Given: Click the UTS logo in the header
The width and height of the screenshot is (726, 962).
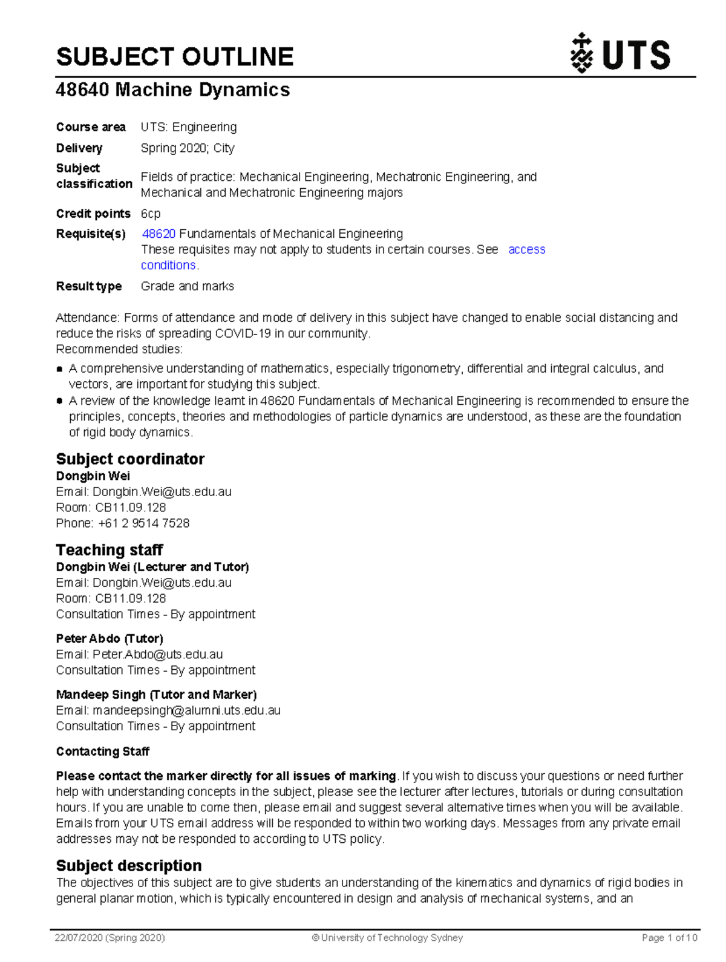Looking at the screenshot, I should (x=620, y=54).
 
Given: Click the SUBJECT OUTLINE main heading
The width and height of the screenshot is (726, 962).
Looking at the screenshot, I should (x=175, y=57).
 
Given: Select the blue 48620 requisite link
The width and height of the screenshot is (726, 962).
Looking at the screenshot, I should (x=159, y=234).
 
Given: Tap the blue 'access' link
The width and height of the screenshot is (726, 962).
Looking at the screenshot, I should (x=526, y=250).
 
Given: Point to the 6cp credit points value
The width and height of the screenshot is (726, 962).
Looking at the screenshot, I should (x=151, y=214).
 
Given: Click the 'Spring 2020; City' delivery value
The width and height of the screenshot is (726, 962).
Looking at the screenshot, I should (x=188, y=148).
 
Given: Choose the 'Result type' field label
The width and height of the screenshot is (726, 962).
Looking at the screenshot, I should (x=89, y=286).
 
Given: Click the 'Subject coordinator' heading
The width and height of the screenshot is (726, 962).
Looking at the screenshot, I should (x=130, y=459).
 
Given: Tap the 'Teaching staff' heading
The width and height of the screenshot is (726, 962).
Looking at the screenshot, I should (x=110, y=549).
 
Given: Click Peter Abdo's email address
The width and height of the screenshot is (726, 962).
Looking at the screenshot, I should (x=157, y=655).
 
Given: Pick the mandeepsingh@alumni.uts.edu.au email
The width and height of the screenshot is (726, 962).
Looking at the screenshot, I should (x=186, y=710).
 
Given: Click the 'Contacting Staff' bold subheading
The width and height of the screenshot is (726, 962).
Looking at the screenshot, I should (x=103, y=751).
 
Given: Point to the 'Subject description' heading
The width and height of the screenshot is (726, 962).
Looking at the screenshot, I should (x=129, y=865).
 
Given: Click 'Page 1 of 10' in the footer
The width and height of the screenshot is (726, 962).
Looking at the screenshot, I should (x=669, y=938).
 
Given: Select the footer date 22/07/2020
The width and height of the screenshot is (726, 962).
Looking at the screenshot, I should (x=79, y=938).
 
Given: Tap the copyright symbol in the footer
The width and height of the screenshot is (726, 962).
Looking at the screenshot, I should (x=315, y=938).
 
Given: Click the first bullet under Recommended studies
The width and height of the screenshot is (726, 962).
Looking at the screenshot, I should (x=60, y=368).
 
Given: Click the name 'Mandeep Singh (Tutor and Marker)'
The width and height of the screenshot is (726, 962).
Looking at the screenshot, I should (x=156, y=695).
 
